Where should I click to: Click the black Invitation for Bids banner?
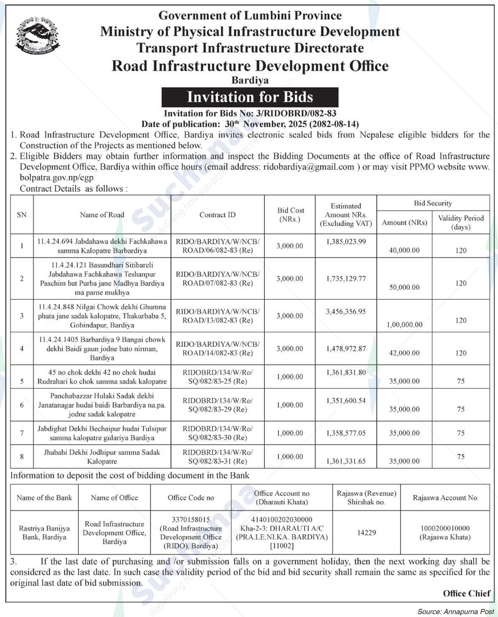[250, 97]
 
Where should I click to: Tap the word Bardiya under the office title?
[250, 80]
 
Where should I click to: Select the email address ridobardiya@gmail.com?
[308, 167]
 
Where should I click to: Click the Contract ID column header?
[217, 215]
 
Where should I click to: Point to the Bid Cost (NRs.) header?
[291, 215]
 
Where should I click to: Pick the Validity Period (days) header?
[460, 223]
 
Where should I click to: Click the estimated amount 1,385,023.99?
[346, 241]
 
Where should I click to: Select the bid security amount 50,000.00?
[404, 287]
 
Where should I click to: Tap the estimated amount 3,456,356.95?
[346, 312]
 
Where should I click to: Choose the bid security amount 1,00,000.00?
[404, 325]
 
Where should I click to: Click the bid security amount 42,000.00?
[404, 353]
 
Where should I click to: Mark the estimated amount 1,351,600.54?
[346, 400]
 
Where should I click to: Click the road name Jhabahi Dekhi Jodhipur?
[102, 452]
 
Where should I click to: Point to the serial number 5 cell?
[22, 381]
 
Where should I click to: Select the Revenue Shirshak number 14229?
[366, 533]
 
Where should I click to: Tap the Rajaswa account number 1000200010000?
[445, 528]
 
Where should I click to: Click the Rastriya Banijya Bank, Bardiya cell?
[44, 533]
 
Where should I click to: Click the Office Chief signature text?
[466, 593]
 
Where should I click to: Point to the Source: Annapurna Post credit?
[455, 611]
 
